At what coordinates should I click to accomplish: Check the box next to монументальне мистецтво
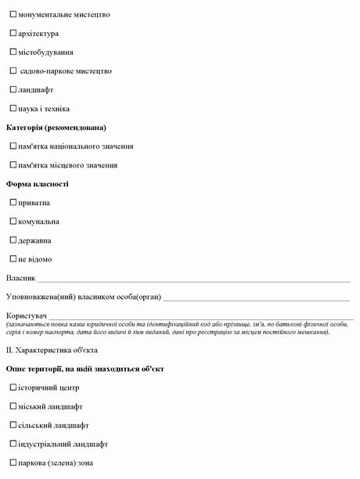click(x=13, y=15)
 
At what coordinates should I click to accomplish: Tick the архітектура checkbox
click(x=13, y=34)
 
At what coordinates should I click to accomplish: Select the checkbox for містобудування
click(x=13, y=52)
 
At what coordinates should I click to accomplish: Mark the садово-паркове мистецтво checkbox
click(x=13, y=71)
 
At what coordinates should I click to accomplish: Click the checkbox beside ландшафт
click(x=13, y=90)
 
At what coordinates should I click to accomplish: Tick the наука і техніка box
click(x=13, y=109)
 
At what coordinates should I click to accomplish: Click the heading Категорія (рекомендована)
click(x=56, y=128)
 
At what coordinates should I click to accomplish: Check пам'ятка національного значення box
click(x=13, y=146)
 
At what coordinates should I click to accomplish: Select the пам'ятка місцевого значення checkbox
click(x=13, y=165)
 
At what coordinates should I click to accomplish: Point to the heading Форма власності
click(x=38, y=184)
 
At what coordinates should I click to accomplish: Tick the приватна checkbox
click(x=13, y=203)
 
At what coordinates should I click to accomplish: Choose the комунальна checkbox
click(x=13, y=221)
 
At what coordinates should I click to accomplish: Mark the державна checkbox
click(x=13, y=240)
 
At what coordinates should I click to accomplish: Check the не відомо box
click(x=13, y=259)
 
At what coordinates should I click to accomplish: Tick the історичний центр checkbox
click(x=13, y=387)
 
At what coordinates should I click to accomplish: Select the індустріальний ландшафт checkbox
click(x=13, y=444)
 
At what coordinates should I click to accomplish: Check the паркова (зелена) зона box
click(x=13, y=463)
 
